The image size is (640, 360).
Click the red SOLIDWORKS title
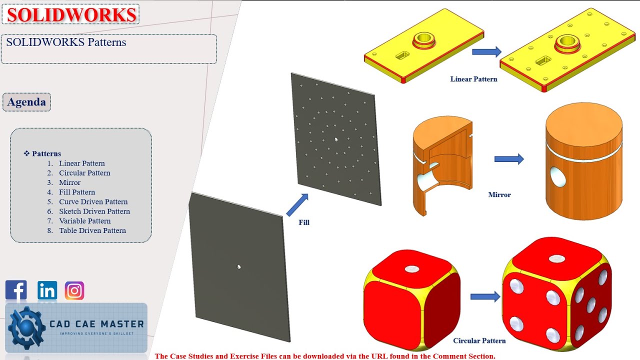tap(71, 14)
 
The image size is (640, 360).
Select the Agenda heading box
tap(26, 102)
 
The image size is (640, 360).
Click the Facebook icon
tap(16, 290)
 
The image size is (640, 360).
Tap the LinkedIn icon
tap(47, 290)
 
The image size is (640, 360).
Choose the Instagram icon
tap(74, 290)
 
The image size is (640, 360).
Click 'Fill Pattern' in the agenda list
tap(76, 192)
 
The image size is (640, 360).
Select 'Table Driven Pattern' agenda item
tap(92, 230)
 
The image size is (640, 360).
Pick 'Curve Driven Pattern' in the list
tap(93, 201)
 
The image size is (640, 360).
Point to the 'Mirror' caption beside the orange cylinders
tap(499, 194)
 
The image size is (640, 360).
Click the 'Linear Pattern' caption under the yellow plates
tap(473, 79)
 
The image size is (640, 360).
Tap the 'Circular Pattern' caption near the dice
tap(479, 340)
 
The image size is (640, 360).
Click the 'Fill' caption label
tap(304, 222)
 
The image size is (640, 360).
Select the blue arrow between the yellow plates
tap(486, 51)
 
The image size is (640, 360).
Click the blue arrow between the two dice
tap(485, 296)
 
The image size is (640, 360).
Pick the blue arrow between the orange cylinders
tap(509, 159)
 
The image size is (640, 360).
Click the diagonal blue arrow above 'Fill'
tap(297, 204)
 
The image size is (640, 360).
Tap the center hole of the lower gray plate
tap(239, 266)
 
